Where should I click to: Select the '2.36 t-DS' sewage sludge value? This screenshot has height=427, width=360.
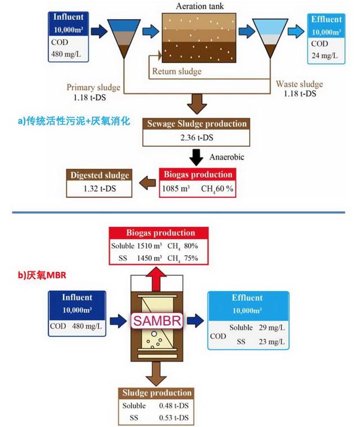click(x=196, y=138)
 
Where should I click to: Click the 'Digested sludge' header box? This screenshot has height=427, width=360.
click(x=100, y=174)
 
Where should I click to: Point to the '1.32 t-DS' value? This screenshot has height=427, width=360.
click(x=100, y=188)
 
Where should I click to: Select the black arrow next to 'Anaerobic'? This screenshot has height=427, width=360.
click(x=196, y=156)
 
